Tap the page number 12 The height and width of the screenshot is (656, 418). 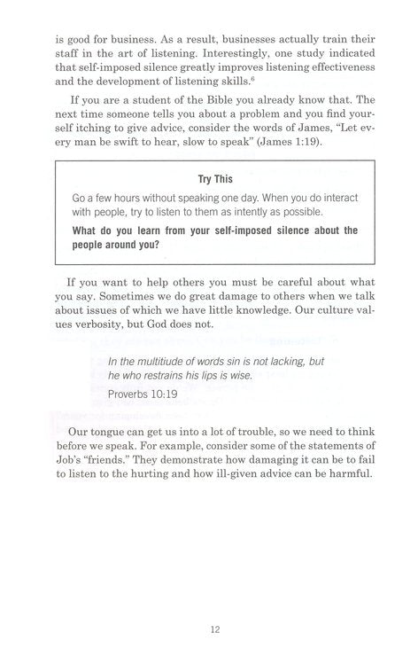pyautogui.click(x=209, y=605)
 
